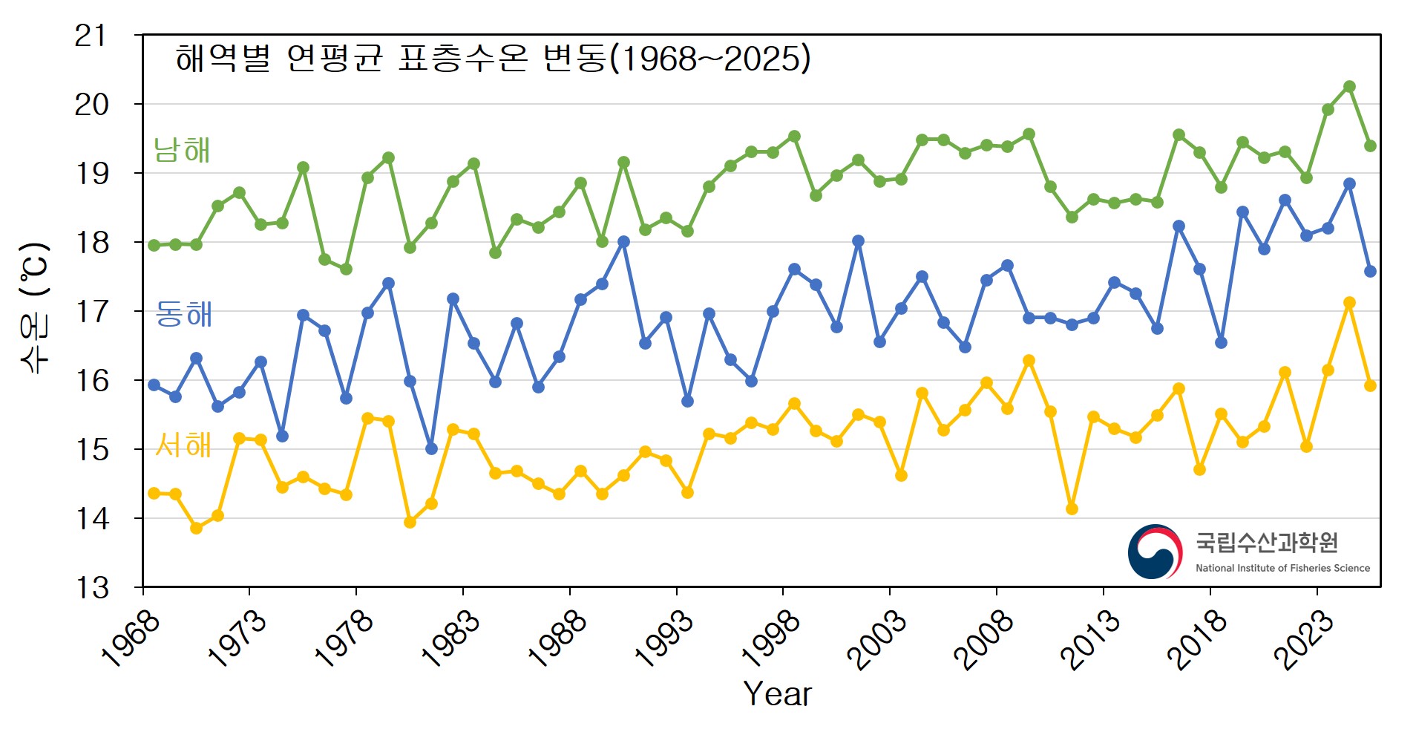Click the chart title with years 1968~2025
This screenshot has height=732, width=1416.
[493, 59]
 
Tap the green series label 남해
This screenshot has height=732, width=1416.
[182, 150]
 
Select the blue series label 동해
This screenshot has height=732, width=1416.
[183, 314]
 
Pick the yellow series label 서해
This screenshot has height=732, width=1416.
[183, 445]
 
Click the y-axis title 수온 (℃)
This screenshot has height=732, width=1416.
[35, 307]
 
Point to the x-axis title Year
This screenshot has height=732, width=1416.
[777, 694]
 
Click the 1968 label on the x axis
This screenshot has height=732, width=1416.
[131, 638]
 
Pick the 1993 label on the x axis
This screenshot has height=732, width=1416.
[664, 638]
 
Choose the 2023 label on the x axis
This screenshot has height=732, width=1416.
[1304, 638]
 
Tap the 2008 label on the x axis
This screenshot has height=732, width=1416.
[984, 638]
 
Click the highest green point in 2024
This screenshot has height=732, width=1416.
[1349, 87]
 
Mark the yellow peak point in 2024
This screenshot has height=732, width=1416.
[1349, 303]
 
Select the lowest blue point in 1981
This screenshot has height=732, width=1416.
[431, 448]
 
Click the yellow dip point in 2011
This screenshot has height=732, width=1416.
[1072, 509]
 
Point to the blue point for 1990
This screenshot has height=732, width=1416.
[623, 242]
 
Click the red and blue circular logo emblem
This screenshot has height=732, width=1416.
[1155, 552]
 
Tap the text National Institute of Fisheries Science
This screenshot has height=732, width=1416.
[1282, 568]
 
